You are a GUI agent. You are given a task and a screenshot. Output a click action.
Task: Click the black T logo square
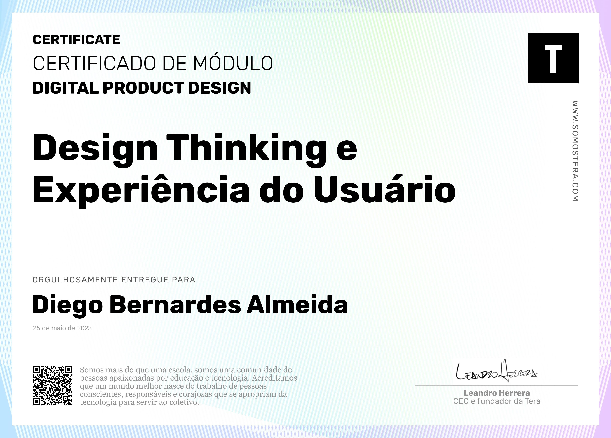[553, 58]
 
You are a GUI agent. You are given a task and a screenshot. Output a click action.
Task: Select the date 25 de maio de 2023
[62, 328]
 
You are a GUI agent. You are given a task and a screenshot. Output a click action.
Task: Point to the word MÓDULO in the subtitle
[233, 63]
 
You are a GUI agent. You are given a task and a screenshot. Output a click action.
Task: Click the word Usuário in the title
[385, 189]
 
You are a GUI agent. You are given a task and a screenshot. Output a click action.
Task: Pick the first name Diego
[67, 305]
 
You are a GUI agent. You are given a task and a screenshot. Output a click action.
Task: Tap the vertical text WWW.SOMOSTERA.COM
[575, 151]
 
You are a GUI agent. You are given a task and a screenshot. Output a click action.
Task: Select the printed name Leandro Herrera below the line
[497, 393]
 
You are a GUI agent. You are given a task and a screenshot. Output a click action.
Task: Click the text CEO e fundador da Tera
[497, 401]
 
